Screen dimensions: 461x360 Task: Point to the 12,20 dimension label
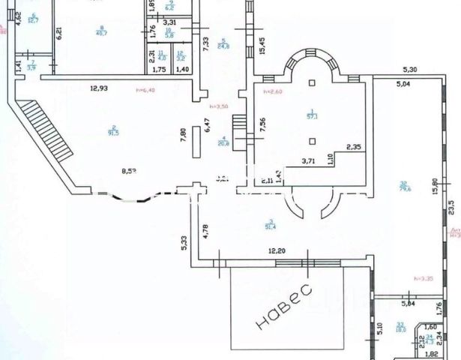pos(277,250)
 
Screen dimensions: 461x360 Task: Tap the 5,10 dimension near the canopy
pos(379,328)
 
